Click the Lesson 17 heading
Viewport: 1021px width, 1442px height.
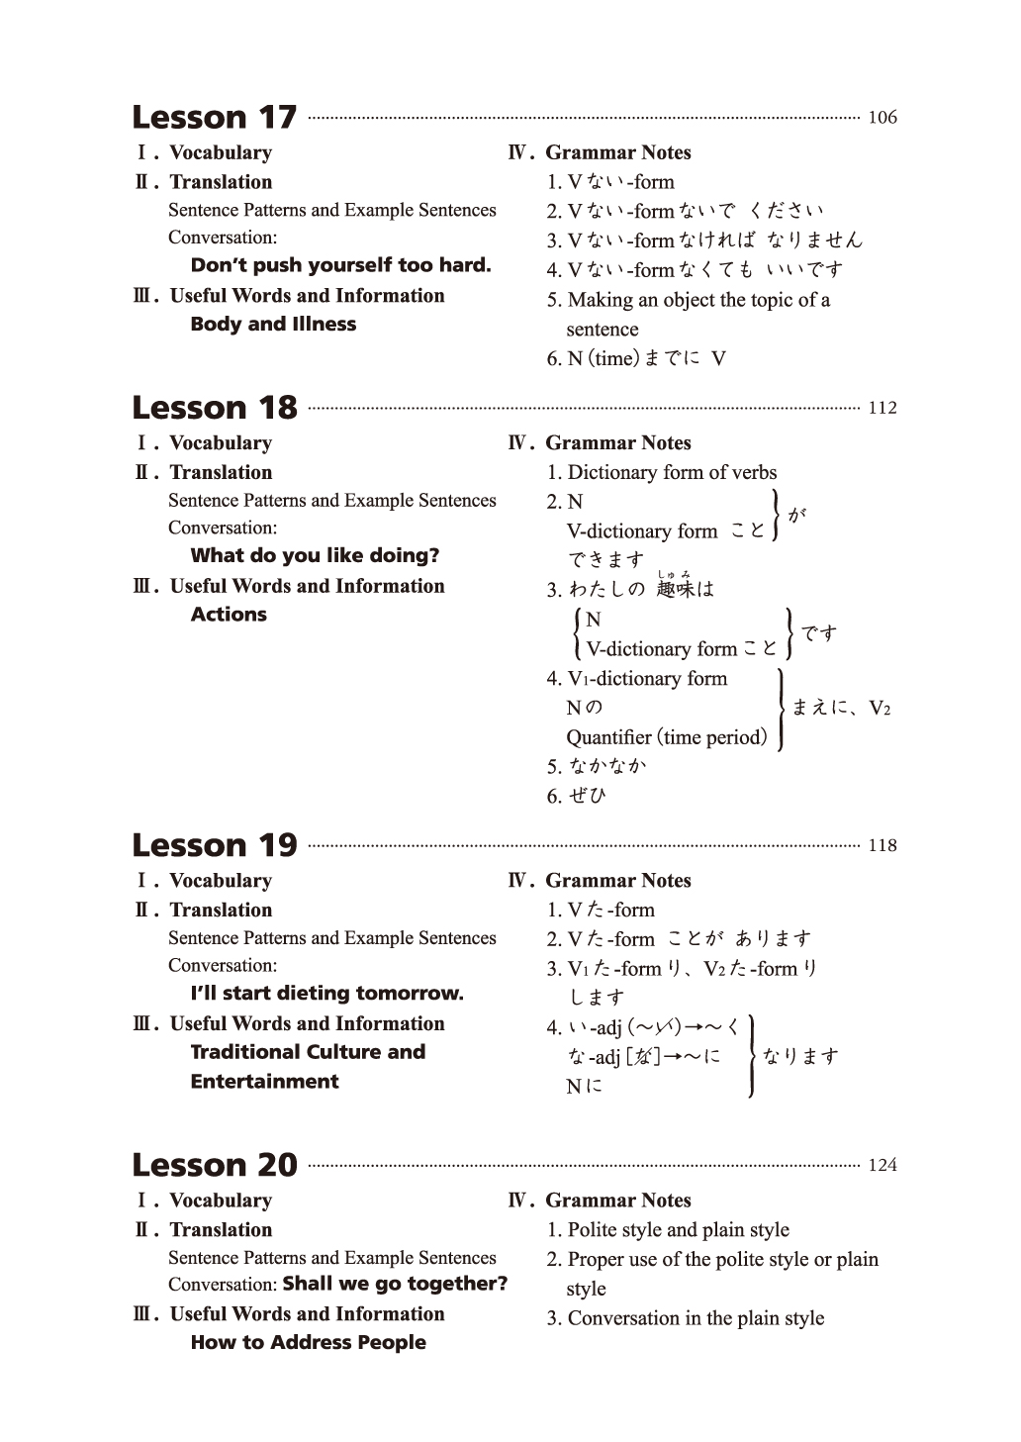tap(215, 117)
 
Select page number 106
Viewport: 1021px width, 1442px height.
tap(882, 118)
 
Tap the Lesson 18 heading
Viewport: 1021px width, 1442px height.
tap(215, 407)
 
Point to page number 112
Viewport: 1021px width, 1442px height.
tap(882, 408)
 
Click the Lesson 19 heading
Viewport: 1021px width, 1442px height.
tap(215, 844)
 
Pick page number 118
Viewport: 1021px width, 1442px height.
tap(882, 845)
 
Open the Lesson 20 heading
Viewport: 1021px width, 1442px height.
tap(215, 1164)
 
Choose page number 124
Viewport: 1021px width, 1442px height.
tap(882, 1165)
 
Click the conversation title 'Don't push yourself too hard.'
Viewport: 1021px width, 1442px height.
tap(340, 265)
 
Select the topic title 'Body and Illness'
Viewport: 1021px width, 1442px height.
tap(273, 324)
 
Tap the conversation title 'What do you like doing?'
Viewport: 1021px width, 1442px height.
tap(315, 555)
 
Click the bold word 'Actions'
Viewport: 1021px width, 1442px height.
tap(229, 614)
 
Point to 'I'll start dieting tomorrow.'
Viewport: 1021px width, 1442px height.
tap(326, 993)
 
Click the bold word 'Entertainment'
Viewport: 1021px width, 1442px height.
tap(264, 1081)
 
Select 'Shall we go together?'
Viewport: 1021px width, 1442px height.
tap(395, 1284)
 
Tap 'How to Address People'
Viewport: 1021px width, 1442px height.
tap(308, 1342)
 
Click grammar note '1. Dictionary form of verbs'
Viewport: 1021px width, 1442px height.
tap(662, 472)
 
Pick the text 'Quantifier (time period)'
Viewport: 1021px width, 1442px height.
tap(666, 737)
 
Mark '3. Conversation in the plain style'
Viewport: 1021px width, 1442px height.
tap(686, 1318)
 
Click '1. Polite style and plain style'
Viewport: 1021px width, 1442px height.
tap(668, 1230)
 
